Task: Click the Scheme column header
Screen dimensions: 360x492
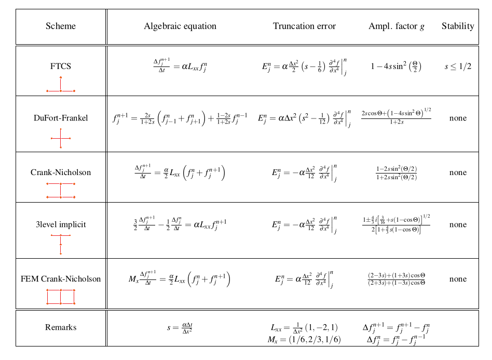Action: click(61, 26)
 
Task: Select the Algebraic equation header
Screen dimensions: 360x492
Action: click(180, 26)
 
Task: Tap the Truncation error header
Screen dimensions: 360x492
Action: click(304, 26)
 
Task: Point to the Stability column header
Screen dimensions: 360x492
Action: click(458, 26)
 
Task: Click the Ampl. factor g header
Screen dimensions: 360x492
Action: click(396, 26)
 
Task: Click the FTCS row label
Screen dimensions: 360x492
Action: click(61, 66)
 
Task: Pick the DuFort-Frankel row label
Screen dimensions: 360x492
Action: click(61, 118)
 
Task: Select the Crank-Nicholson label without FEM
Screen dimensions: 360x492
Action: click(61, 172)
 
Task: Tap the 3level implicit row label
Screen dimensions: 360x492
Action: click(61, 225)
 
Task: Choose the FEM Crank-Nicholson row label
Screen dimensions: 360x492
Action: click(61, 279)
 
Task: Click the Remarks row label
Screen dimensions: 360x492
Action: click(61, 327)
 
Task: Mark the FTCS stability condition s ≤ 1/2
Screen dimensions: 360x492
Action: click(458, 66)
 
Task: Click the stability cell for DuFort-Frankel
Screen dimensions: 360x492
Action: click(458, 118)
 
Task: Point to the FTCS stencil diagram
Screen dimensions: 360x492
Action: click(61, 85)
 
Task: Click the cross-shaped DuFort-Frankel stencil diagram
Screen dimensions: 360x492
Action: click(61, 138)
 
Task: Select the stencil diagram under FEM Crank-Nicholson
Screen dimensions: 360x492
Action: click(61, 297)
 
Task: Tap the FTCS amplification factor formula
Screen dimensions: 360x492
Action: click(396, 66)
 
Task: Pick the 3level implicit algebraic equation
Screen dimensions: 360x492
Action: click(180, 225)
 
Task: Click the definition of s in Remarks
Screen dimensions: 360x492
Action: click(180, 328)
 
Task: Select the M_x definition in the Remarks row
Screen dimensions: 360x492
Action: click(304, 340)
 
